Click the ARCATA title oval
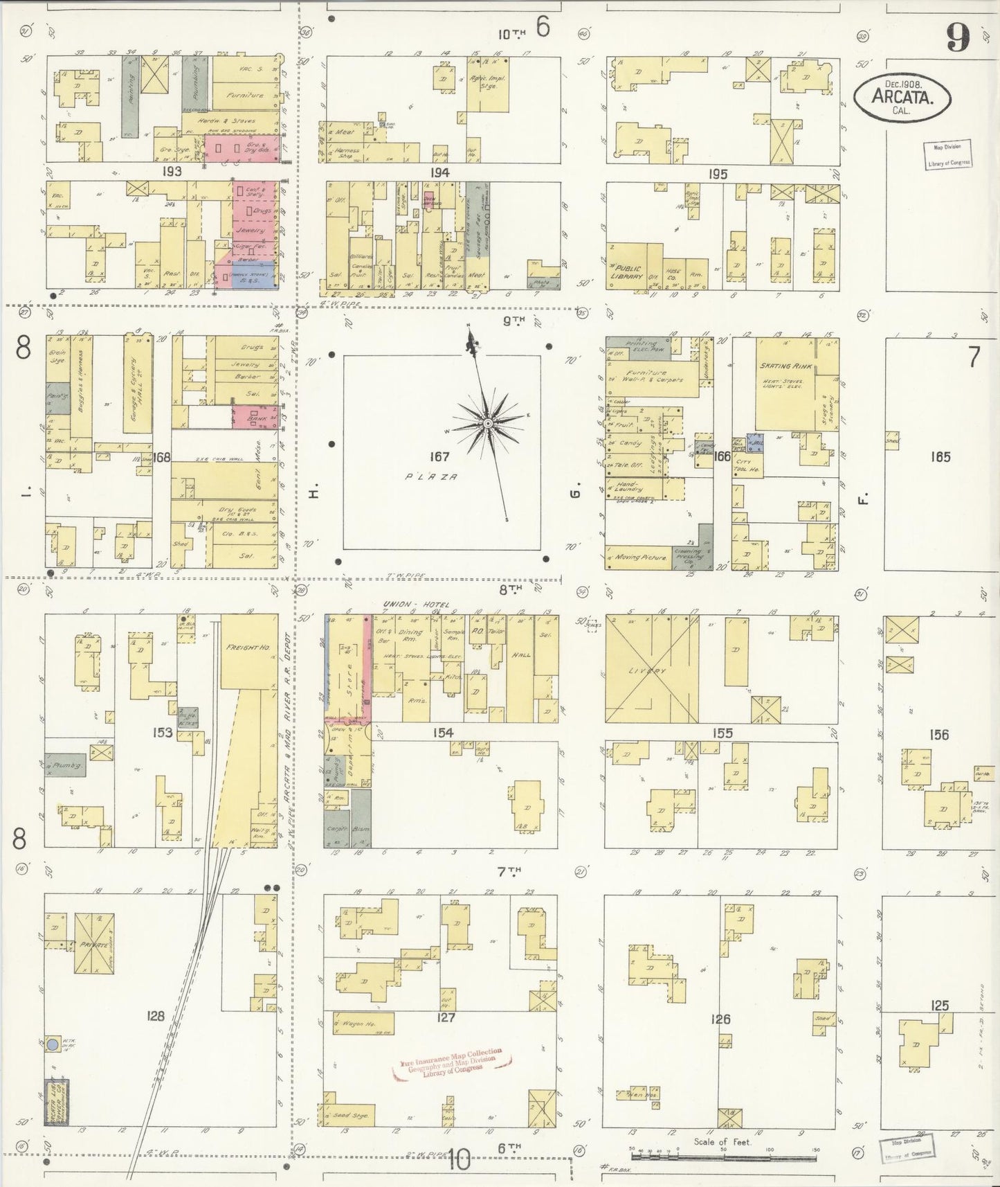click(901, 98)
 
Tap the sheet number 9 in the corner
click(958, 37)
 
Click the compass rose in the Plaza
click(487, 422)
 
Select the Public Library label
click(626, 273)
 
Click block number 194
click(439, 172)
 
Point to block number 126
click(720, 1019)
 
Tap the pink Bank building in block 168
click(256, 418)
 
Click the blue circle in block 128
click(53, 1043)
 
